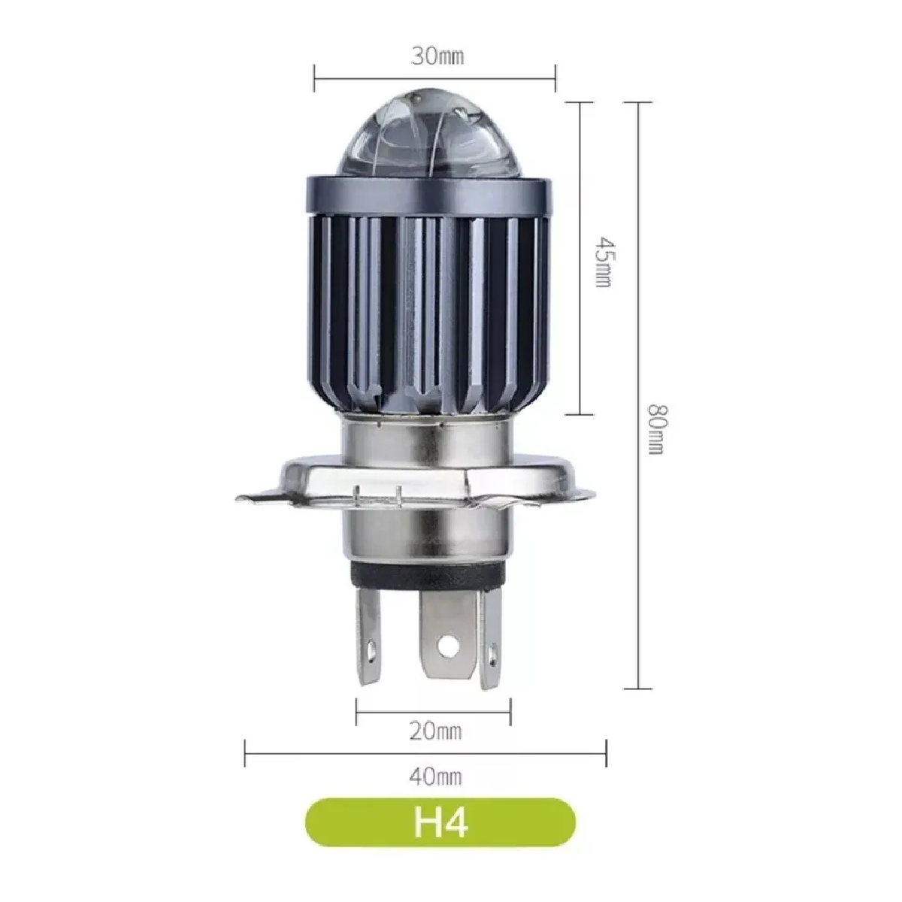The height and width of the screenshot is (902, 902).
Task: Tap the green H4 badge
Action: coord(440,823)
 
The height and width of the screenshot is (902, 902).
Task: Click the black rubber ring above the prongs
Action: coord(425,577)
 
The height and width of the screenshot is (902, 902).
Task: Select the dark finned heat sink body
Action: coord(434,301)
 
